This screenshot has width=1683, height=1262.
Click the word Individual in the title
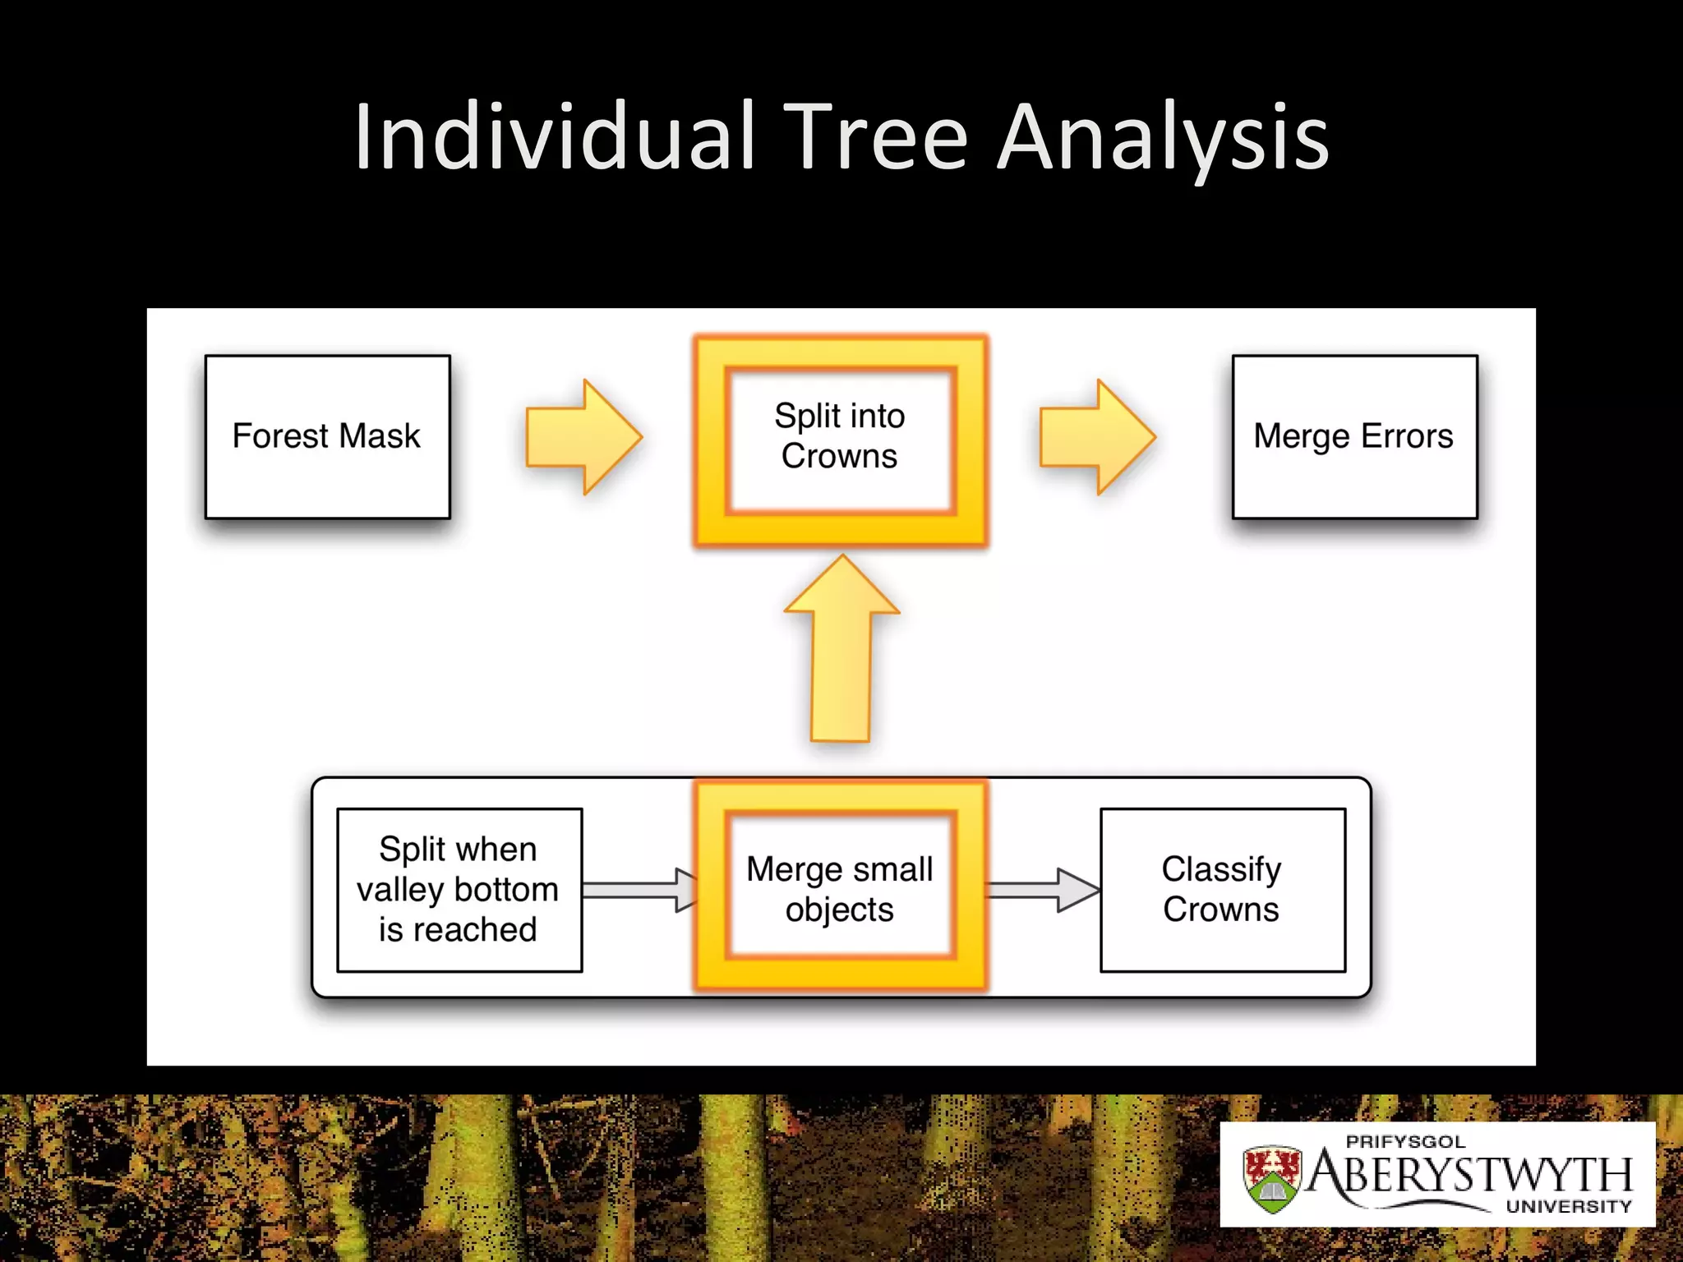click(555, 138)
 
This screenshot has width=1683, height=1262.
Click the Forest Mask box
click(327, 436)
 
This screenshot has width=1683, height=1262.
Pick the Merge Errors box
click(1354, 436)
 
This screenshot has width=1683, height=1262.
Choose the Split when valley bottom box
click(459, 890)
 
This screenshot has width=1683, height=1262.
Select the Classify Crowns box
click(1222, 890)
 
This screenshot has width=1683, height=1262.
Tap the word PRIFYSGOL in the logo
click(1405, 1142)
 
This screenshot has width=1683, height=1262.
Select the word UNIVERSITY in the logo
click(1568, 1207)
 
